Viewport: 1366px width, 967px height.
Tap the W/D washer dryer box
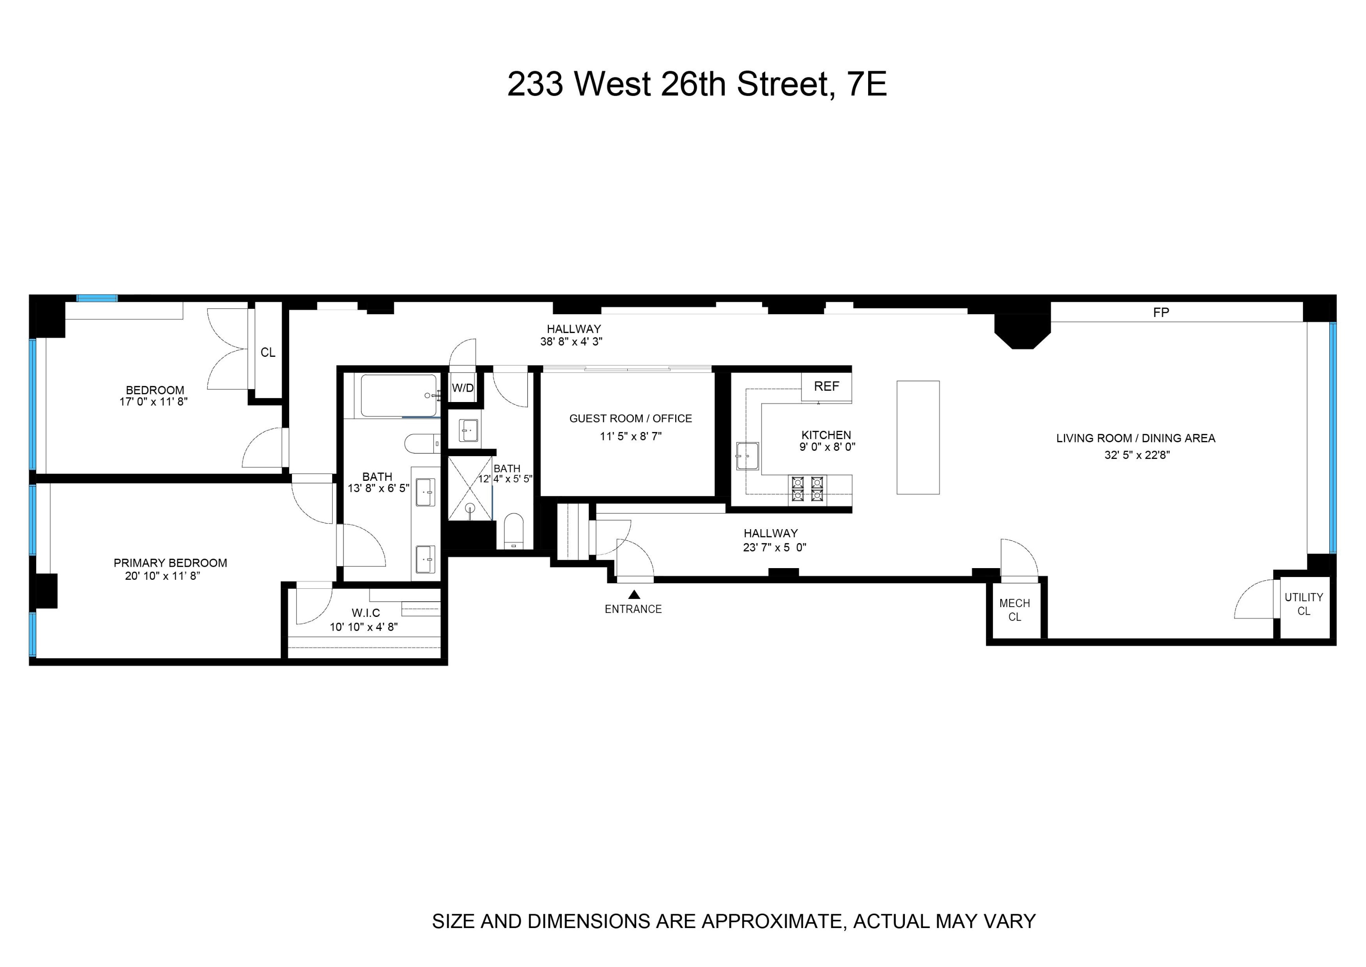462,388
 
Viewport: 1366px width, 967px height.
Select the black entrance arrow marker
634,594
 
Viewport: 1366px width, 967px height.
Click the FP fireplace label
1160,312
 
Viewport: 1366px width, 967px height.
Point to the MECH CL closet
1015,610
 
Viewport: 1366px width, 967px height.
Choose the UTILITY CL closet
1303,604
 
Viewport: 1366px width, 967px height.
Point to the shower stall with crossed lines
470,488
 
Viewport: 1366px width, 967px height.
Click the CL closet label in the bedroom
268,352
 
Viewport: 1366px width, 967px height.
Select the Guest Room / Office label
630,419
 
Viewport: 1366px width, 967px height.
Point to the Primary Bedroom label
170,563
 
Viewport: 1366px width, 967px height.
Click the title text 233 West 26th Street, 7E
697,84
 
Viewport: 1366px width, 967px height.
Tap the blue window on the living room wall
1333,438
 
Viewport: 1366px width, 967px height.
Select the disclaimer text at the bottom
734,921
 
